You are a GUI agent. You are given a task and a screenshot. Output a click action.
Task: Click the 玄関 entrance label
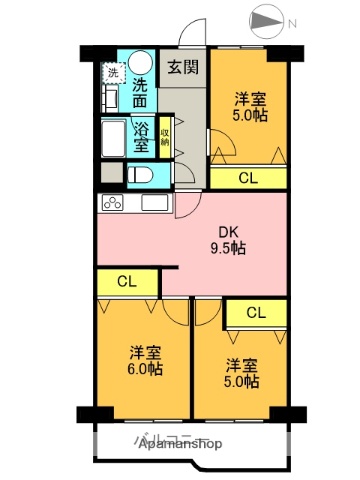tap(181, 67)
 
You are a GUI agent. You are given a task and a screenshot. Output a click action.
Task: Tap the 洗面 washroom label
tap(142, 92)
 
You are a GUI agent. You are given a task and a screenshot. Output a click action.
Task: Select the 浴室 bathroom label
tap(142, 137)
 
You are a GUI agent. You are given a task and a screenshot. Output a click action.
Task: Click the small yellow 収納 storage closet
tap(165, 137)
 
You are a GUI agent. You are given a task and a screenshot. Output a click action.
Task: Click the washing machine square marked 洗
tap(112, 72)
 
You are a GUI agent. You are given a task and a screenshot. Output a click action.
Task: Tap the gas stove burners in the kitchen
tap(111, 203)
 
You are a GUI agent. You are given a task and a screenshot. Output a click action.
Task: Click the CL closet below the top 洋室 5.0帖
tap(247, 178)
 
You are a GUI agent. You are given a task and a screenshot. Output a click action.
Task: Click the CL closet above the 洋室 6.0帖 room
tap(127, 282)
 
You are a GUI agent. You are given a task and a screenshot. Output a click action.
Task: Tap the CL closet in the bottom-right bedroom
tap(256, 313)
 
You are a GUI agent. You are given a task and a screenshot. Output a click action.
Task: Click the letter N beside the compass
tap(291, 22)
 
